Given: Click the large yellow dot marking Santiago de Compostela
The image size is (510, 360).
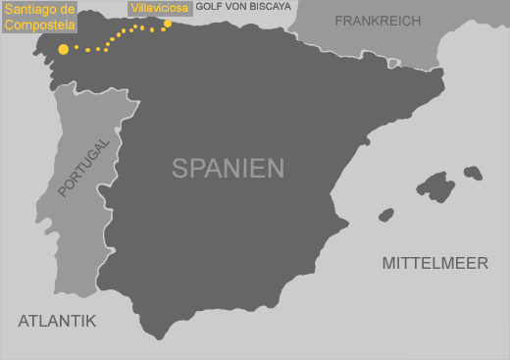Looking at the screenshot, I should coord(64,48).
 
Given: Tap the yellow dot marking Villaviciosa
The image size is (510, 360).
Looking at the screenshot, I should coord(168,25).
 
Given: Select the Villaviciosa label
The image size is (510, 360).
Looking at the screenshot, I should coord(160,9).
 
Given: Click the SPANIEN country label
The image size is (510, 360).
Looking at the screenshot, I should coord(228,168).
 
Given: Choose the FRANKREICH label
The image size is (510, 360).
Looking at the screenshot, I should coord(378,21).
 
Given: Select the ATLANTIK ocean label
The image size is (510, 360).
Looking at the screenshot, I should coord(57,320).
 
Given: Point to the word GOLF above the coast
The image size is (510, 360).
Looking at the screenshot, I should coord(208,6).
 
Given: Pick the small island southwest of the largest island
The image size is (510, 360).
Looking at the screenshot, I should coord(385,214).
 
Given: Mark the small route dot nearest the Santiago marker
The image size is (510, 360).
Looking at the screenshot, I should coord(76,47).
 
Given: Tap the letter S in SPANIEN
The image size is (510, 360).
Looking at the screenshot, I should coord(179,168).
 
